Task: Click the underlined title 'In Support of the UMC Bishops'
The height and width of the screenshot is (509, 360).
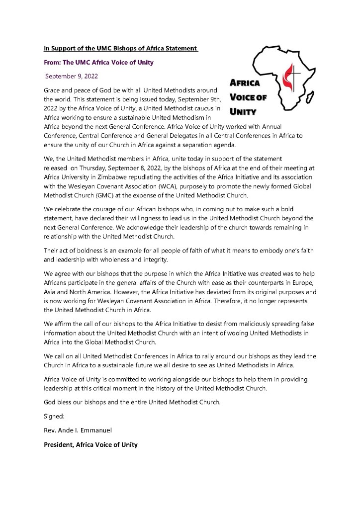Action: click(x=121, y=49)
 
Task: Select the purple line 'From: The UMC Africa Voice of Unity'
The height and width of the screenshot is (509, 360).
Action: click(x=98, y=63)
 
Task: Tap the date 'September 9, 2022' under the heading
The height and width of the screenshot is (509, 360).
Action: click(x=72, y=77)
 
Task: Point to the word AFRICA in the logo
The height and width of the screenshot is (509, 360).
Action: click(x=244, y=84)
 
